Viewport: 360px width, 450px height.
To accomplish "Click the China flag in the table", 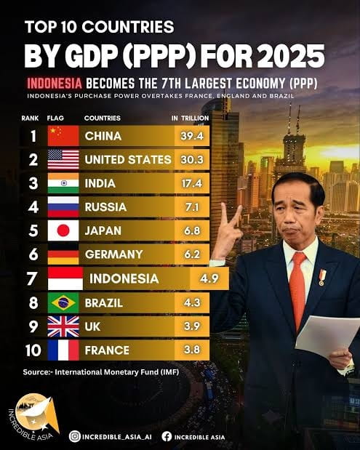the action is coord(63,136).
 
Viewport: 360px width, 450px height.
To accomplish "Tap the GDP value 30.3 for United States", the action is coord(192,159).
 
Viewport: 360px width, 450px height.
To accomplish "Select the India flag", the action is coord(63,183).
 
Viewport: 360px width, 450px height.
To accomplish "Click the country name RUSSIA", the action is coord(105,207).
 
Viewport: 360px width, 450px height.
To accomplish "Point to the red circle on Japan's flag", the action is coord(63,230).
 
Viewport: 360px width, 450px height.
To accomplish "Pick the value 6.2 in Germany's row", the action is coord(192,254).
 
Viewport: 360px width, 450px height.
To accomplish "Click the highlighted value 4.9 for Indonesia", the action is coord(209,278).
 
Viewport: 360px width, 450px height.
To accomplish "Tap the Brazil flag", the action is coord(63,302).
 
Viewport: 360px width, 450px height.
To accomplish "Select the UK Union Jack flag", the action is coord(63,326).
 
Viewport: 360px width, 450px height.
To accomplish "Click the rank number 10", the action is coord(33,350).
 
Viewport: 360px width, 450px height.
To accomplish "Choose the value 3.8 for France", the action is coord(192,350).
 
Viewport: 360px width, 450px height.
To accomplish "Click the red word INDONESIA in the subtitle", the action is coord(55,84).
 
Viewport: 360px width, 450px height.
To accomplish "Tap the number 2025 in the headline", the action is coord(291,55).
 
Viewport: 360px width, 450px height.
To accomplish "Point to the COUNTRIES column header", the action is coord(103,118).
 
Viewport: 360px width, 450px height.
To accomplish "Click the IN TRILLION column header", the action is coord(191,118).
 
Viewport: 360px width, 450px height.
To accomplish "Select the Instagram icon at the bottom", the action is coord(75,436).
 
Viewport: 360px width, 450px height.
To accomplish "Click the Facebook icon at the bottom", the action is coord(167,436).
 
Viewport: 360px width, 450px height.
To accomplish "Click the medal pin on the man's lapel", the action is coord(322,277).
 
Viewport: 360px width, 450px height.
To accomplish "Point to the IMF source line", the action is coord(101,372).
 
